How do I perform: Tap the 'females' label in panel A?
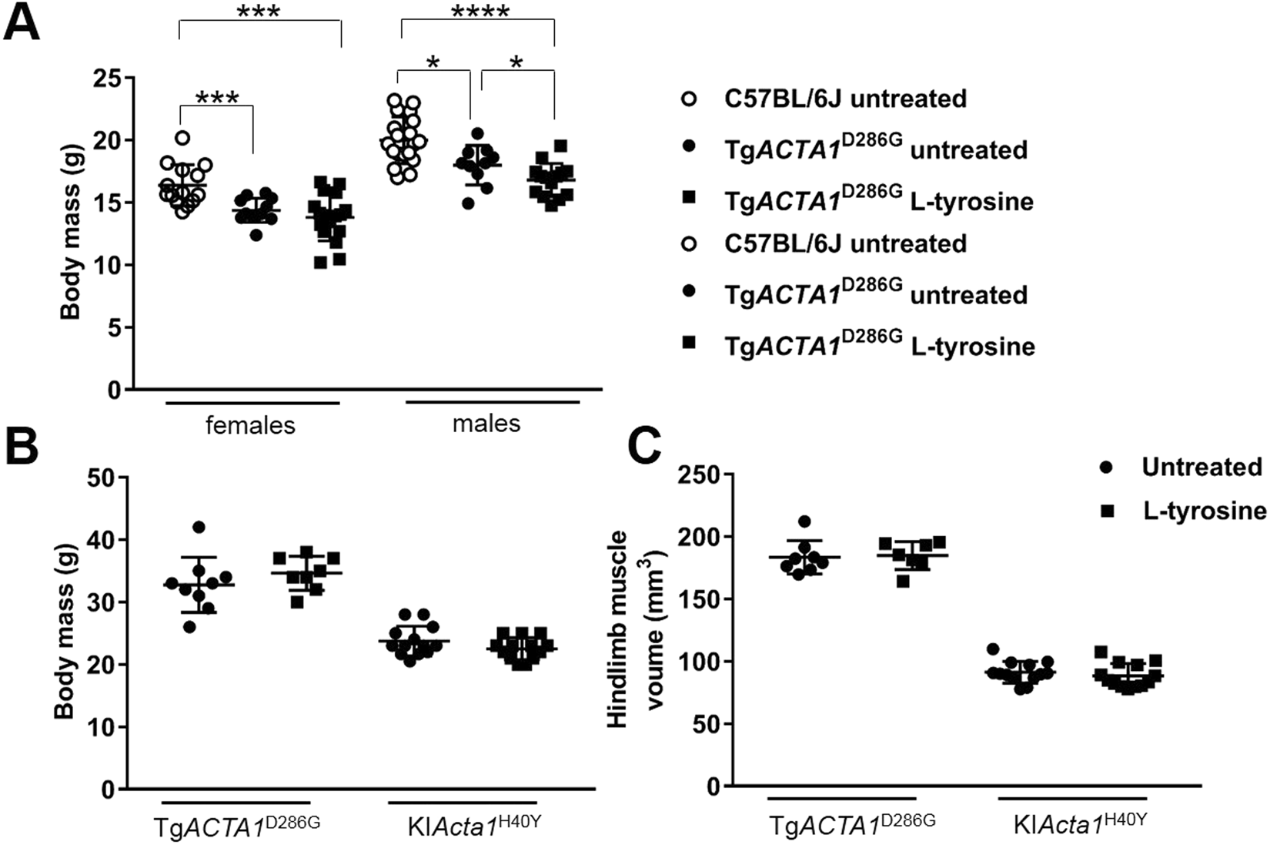click(x=250, y=425)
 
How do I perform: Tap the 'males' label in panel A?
click(x=486, y=423)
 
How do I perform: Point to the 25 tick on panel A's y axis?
click(x=107, y=78)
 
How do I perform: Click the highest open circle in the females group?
click(x=182, y=138)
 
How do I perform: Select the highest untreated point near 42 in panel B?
click(x=199, y=527)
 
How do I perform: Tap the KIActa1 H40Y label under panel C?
click(x=1080, y=825)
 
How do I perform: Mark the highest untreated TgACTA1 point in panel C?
click(x=804, y=522)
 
